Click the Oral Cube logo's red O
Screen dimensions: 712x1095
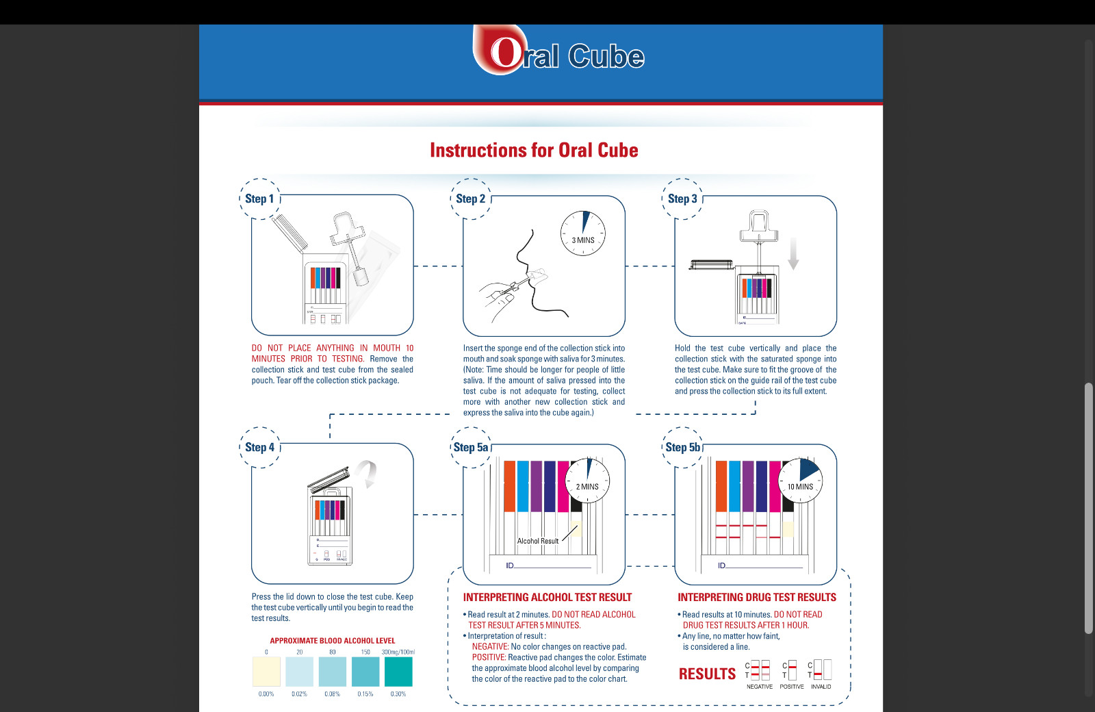pos(505,52)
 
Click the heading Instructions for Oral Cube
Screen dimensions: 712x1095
pos(534,150)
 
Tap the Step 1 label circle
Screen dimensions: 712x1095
pos(259,199)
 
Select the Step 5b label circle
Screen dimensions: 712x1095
pos(682,447)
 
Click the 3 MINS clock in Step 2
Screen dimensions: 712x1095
pos(583,233)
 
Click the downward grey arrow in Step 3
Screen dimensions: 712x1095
pos(793,254)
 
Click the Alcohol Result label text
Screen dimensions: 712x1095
pos(537,541)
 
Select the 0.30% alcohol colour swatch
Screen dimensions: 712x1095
pos(398,671)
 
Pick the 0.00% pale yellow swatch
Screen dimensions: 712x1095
pos(266,671)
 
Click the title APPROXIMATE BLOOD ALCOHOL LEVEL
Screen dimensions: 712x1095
pos(332,641)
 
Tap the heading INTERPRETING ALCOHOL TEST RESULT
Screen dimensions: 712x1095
pos(547,597)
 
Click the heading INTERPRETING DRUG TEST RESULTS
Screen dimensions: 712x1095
pos(756,597)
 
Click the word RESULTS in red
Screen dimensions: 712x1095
pos(707,674)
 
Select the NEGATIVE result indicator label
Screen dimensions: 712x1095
pos(759,686)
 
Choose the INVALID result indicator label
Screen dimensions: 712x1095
pos(821,686)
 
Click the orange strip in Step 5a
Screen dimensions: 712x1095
pos(509,486)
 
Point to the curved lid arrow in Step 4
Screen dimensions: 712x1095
pos(368,472)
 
